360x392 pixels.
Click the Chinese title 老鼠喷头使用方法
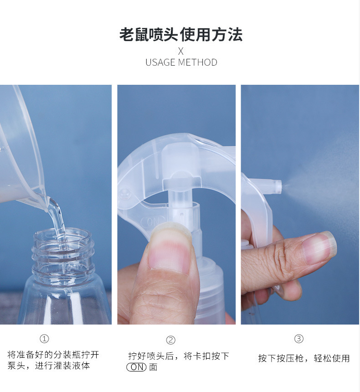coord(181,34)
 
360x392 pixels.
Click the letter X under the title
coord(181,51)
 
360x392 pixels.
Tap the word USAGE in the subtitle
coord(160,62)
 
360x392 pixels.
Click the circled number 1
coord(44,339)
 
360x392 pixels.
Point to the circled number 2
coord(170,340)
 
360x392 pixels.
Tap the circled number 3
coord(299,339)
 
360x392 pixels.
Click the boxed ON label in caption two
coord(136,367)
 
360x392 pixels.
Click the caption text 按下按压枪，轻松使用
coord(304,358)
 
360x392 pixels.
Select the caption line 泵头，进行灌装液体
coord(48,366)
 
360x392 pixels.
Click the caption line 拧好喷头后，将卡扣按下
coord(179,356)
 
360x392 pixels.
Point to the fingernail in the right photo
coord(318,249)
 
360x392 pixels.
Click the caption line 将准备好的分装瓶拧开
coord(53,355)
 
